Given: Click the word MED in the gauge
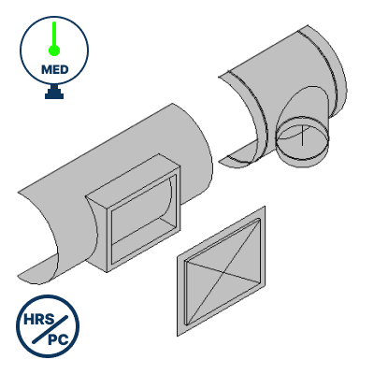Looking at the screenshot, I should click(55, 70).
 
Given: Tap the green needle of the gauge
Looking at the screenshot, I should click(55, 38).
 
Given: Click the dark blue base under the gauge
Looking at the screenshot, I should click(55, 93).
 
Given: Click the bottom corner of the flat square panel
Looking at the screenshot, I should click(180, 333).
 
